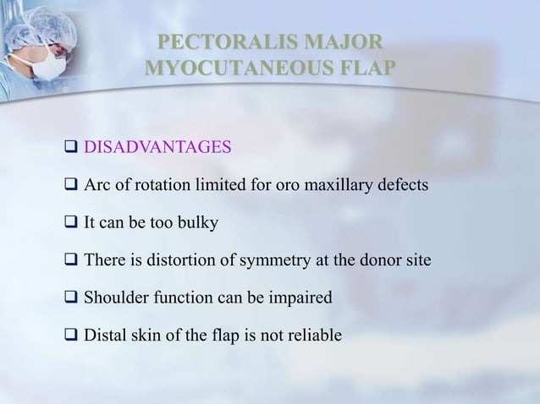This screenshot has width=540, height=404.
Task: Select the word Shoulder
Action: click(115, 298)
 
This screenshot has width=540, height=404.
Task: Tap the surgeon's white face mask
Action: click(52, 63)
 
